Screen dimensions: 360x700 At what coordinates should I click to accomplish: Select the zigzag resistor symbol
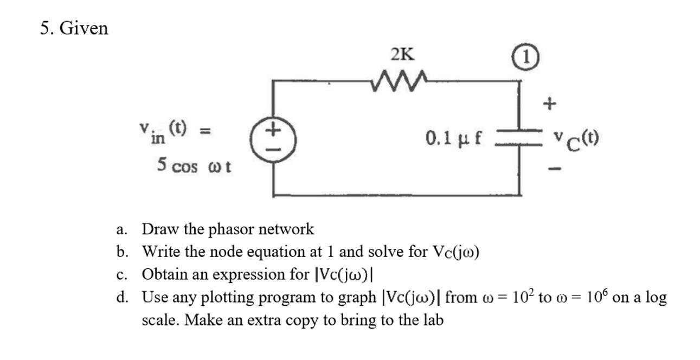(402, 82)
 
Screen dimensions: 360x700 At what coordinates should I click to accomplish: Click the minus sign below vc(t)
(553, 171)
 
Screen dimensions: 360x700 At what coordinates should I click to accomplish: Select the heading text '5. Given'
(74, 28)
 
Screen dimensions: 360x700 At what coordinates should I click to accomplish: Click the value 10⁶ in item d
(597, 297)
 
